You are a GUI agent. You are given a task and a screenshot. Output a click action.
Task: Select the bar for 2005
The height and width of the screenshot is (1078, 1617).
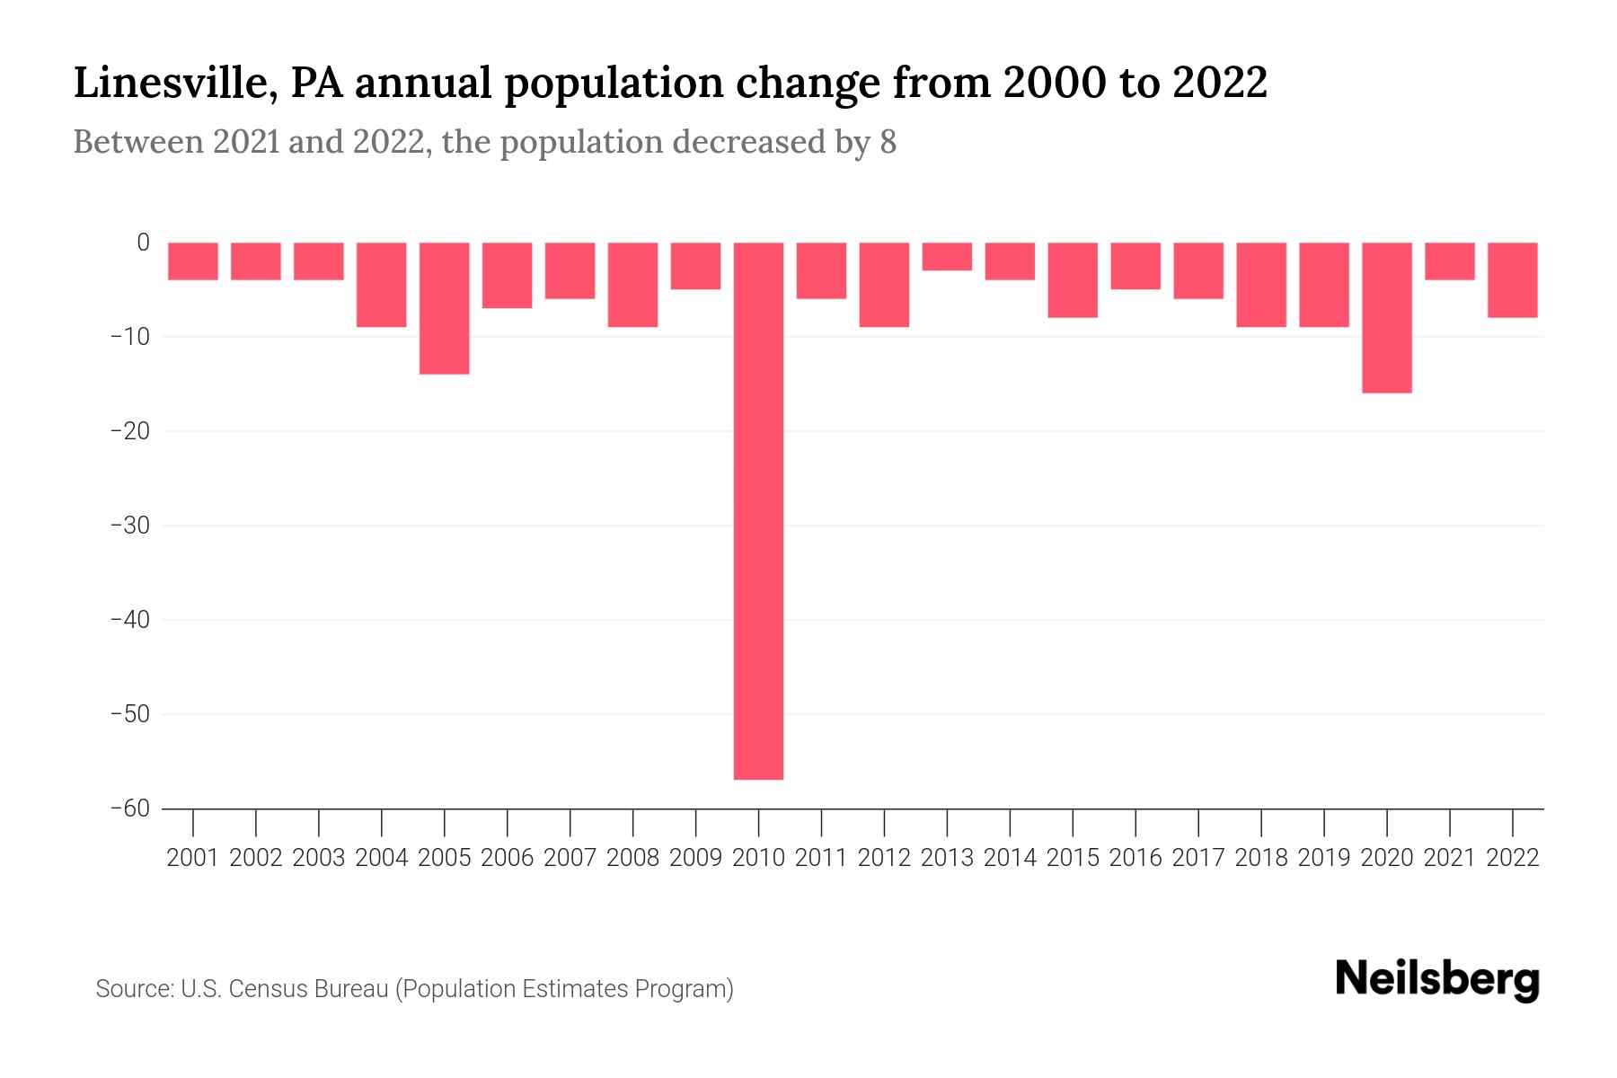point(445,308)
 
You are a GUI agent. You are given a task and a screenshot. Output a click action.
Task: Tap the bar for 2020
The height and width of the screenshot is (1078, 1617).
point(1386,317)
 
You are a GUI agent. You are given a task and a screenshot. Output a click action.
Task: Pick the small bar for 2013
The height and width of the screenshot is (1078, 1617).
point(947,257)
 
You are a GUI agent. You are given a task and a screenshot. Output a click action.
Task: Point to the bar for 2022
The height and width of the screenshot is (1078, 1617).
point(1512,279)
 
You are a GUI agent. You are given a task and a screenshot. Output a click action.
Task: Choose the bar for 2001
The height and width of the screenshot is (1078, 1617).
point(193,261)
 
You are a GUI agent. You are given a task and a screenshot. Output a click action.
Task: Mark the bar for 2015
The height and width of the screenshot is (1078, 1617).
point(1073,279)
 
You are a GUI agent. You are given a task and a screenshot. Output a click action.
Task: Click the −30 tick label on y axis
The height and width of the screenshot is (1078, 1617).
point(130,526)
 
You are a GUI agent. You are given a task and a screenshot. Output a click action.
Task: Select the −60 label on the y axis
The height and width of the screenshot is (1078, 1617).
point(130,808)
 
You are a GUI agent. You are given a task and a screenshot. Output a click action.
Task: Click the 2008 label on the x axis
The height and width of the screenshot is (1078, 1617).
point(632,858)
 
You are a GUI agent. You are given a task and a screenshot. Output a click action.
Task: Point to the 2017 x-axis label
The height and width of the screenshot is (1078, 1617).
point(1197,858)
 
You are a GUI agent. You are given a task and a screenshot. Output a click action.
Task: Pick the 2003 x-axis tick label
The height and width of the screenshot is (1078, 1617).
point(319,858)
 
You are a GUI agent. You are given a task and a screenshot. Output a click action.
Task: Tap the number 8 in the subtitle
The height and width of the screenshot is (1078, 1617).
point(888,142)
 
